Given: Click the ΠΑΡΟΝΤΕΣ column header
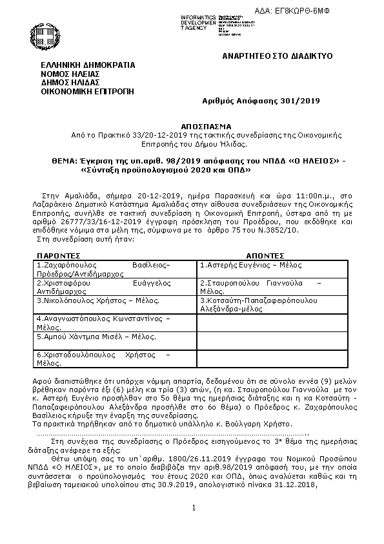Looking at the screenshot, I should pos(58,255).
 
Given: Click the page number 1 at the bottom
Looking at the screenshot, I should pos(192,509).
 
